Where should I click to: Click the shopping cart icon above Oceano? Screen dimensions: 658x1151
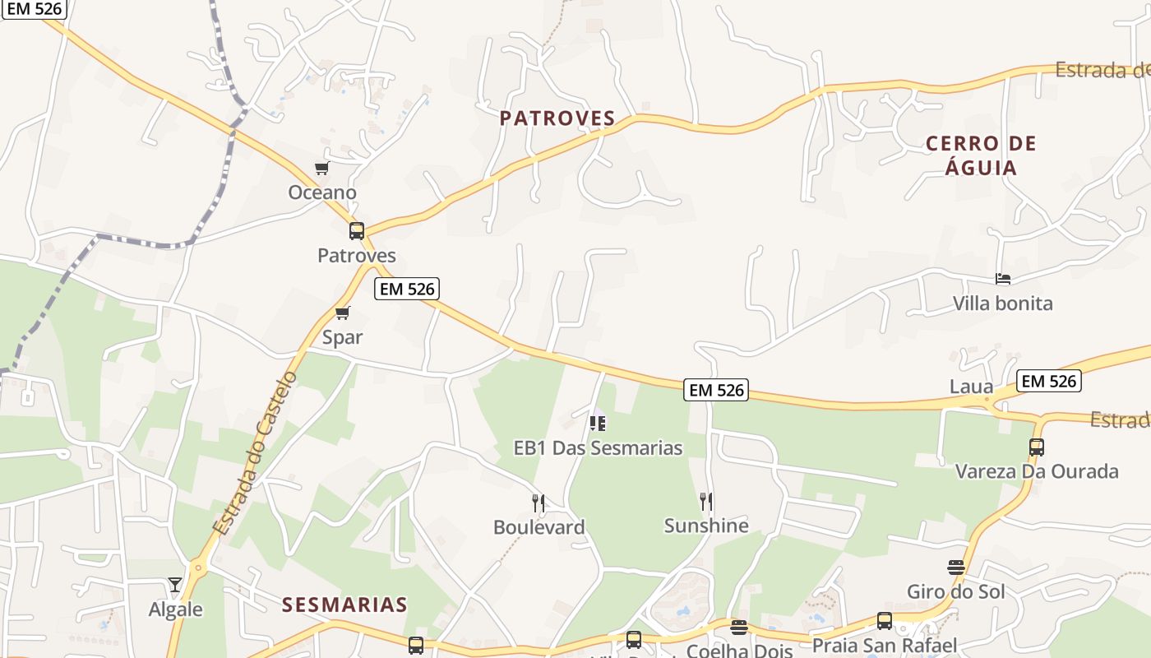[321, 169]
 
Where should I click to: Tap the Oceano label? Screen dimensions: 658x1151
[322, 192]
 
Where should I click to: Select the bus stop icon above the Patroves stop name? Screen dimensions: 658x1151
[356, 231]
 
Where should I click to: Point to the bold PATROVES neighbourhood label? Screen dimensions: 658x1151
[557, 118]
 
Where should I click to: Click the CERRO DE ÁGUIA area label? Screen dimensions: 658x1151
[981, 155]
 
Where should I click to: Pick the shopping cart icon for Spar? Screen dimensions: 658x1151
[342, 313]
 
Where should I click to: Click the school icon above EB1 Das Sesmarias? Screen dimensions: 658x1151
[598, 424]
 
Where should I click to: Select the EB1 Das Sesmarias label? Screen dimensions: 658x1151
[598, 448]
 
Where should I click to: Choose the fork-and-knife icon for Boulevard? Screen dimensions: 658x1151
[539, 503]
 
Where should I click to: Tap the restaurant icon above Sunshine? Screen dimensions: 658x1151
[705, 501]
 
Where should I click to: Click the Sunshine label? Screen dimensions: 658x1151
[705, 526]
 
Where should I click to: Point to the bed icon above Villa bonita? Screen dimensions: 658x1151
[1002, 279]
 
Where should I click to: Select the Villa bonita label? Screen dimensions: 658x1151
[1002, 304]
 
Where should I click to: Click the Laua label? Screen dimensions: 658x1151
[971, 387]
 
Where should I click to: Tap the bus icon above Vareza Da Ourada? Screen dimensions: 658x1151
[1036, 447]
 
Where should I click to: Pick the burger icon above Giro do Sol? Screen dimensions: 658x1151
[955, 568]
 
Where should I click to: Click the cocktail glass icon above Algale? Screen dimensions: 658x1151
[175, 585]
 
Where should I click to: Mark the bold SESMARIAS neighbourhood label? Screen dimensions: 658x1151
[344, 605]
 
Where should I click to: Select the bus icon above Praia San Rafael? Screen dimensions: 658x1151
[885, 621]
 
